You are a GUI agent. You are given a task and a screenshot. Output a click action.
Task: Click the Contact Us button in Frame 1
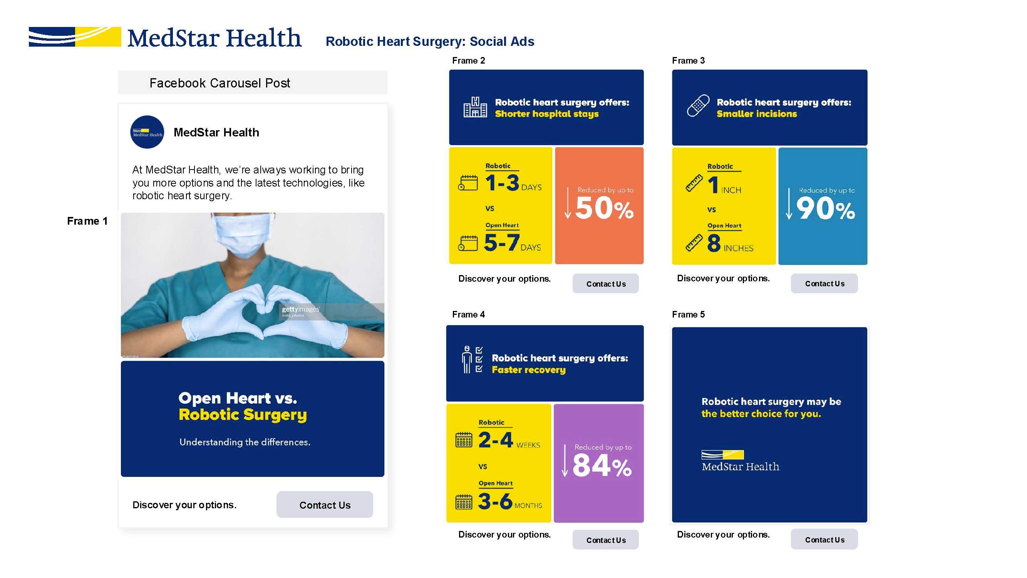pyautogui.click(x=325, y=505)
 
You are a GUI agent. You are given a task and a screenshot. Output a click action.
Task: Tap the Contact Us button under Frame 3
pyautogui.click(x=824, y=284)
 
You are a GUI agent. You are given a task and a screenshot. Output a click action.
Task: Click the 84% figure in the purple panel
pyautogui.click(x=602, y=465)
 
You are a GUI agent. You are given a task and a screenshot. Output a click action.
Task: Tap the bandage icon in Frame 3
pyautogui.click(x=698, y=106)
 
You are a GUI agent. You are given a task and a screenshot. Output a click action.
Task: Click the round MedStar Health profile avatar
pyautogui.click(x=147, y=132)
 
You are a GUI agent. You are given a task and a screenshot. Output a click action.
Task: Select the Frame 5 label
pyautogui.click(x=688, y=314)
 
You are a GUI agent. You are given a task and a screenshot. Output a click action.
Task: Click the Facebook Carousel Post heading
pyautogui.click(x=219, y=83)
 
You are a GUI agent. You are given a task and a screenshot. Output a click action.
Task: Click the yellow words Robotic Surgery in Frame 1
pyautogui.click(x=243, y=415)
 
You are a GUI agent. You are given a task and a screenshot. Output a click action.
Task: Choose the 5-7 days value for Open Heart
pyautogui.click(x=512, y=242)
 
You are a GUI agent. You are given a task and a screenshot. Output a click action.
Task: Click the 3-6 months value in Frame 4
pyautogui.click(x=510, y=501)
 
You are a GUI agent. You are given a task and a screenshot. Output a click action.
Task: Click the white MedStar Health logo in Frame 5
pyautogui.click(x=741, y=461)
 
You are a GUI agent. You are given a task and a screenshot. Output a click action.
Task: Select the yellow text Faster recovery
pyautogui.click(x=529, y=370)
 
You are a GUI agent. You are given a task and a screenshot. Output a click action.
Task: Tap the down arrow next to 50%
pyautogui.click(x=568, y=203)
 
